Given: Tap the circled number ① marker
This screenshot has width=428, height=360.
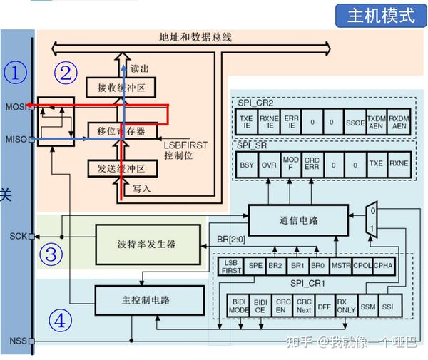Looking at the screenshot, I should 15,72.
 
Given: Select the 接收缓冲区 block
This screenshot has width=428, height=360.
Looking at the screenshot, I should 121,88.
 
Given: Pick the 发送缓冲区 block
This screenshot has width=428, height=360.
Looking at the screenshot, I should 121,168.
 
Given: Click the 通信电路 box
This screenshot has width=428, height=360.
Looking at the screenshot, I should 297,219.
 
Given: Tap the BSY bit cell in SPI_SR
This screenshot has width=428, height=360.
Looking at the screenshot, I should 247,163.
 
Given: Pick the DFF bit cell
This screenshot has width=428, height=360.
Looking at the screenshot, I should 324,307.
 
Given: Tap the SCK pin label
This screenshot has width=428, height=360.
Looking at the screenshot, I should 17,236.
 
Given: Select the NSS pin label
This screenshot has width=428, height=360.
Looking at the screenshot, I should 17,341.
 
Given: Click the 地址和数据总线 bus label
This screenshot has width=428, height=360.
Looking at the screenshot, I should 195,36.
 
